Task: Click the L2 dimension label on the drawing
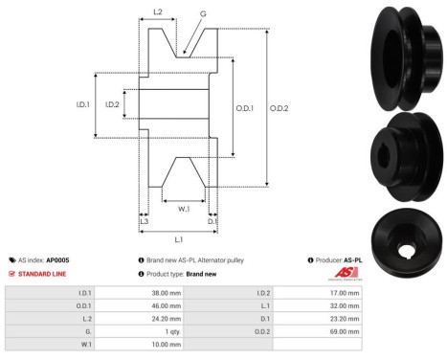tap(158, 13)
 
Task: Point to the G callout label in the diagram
tap(203, 14)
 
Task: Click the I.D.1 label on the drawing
tap(82, 105)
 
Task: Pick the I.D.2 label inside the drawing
tap(111, 105)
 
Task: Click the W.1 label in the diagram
tap(183, 207)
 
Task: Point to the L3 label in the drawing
tap(144, 222)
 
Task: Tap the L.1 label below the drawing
tap(178, 238)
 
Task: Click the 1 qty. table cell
tap(170, 328)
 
